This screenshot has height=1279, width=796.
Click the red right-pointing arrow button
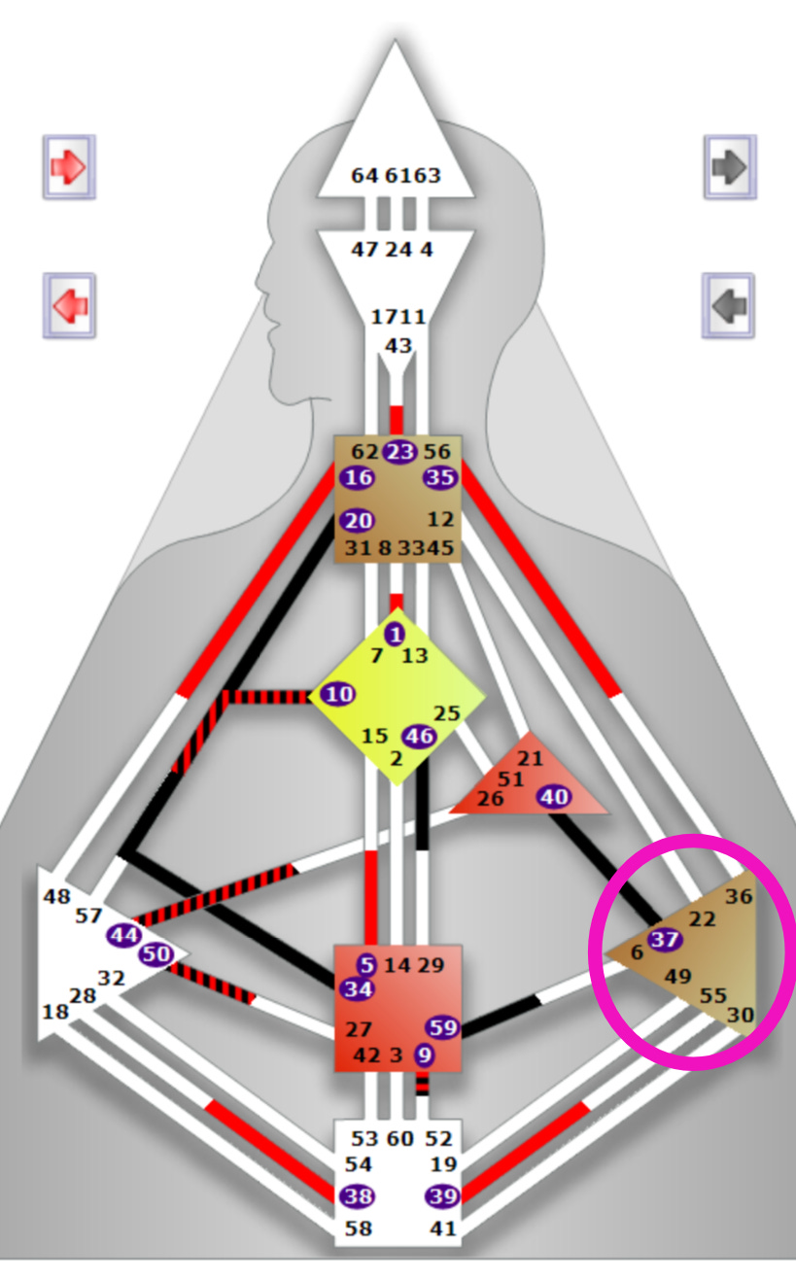(x=69, y=167)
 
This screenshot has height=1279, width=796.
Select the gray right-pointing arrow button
(x=728, y=167)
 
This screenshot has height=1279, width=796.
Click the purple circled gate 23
(x=398, y=452)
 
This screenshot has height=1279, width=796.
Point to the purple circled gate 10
(x=338, y=694)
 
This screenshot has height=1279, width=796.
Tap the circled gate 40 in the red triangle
(x=554, y=797)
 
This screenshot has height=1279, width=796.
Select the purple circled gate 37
(x=665, y=940)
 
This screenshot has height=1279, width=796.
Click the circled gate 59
(x=442, y=1027)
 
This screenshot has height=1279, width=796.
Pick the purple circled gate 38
(x=358, y=1196)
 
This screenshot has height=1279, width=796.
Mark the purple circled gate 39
(x=442, y=1196)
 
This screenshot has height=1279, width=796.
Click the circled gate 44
(x=124, y=935)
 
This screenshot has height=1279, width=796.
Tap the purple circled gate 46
(x=419, y=736)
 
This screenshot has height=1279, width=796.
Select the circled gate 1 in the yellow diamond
(x=395, y=635)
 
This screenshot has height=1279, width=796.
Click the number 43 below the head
(x=398, y=345)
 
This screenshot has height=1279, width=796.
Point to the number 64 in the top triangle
(x=364, y=176)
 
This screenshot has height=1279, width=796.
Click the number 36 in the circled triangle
(x=739, y=897)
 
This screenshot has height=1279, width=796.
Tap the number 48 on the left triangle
(x=56, y=896)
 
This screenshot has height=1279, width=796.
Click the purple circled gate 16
(x=358, y=478)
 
